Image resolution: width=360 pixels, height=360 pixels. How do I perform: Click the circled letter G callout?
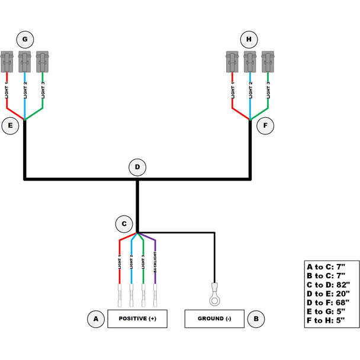(x=25, y=40)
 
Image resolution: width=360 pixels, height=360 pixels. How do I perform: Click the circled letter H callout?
(x=249, y=40)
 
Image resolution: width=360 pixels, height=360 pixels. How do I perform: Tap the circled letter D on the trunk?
(x=137, y=167)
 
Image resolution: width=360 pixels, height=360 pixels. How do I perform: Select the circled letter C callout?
(x=124, y=224)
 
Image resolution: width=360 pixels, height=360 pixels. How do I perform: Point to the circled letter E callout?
(x=10, y=126)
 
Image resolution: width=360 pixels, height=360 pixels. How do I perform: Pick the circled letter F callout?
(x=265, y=126)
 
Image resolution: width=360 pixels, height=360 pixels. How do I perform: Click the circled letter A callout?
(x=95, y=319)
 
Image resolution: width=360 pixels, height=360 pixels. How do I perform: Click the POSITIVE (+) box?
(x=137, y=319)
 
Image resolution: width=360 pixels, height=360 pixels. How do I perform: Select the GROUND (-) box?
(x=215, y=319)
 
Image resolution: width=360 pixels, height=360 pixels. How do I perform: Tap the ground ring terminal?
(x=214, y=291)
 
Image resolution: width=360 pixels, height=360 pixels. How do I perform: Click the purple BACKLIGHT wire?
(x=155, y=261)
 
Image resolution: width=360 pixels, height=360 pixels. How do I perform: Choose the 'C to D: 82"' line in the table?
(x=329, y=284)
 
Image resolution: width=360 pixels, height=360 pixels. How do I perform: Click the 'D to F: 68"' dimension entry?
(x=329, y=301)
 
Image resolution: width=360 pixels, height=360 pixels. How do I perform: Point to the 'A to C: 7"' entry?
(x=329, y=267)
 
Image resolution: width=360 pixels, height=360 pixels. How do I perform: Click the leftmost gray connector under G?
(x=8, y=60)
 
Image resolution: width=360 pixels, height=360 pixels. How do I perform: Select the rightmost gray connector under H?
(x=268, y=60)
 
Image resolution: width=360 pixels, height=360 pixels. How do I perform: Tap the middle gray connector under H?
(x=250, y=60)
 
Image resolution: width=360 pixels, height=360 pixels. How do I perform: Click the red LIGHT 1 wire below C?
(x=120, y=261)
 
